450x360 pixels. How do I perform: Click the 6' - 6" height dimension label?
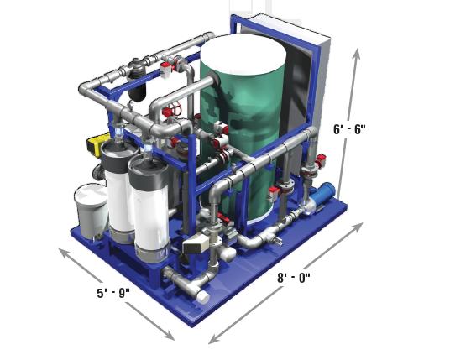pyautogui.click(x=349, y=129)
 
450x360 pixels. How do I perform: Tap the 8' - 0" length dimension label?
pyautogui.click(x=294, y=278)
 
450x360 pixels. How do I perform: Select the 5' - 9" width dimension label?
pyautogui.click(x=113, y=293)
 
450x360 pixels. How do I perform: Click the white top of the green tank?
pyautogui.click(x=243, y=54)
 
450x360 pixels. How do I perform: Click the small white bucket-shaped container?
pyautogui.click(x=92, y=211)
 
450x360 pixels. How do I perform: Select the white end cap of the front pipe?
pyautogui.click(x=203, y=297)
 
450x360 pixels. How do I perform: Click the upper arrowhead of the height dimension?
pyautogui.click(x=357, y=54)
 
